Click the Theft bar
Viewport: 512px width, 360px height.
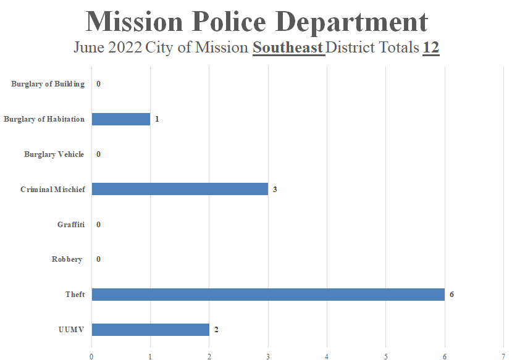268,295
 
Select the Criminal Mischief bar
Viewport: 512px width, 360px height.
180,189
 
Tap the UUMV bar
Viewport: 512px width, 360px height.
150,330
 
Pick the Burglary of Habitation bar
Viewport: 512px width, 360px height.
121,119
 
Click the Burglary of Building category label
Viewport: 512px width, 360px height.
48,84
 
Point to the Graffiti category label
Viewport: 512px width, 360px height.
71,225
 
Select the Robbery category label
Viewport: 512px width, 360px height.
67,259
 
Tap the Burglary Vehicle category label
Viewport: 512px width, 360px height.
54,154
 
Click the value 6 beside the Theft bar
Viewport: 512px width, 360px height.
451,295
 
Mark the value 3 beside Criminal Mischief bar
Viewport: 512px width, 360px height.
275,189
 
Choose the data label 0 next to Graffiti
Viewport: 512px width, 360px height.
98,225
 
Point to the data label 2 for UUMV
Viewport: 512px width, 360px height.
216,330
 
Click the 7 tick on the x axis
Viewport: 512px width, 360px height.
503,355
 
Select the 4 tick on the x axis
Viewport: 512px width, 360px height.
327,355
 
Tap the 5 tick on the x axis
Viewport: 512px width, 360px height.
386,355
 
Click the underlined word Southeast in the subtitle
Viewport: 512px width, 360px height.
288,48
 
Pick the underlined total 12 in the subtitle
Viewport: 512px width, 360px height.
430,48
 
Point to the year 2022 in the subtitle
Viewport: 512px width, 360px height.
125,48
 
